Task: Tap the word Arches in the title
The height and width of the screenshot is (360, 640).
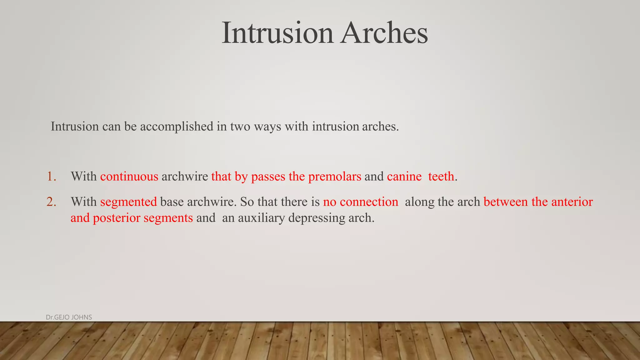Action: point(384,33)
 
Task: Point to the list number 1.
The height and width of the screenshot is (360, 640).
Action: point(52,177)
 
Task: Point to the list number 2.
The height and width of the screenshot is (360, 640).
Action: point(52,202)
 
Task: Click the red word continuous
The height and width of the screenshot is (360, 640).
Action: point(129,177)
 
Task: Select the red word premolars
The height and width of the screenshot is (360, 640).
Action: point(335,177)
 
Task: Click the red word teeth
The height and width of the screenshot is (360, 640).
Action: point(441,177)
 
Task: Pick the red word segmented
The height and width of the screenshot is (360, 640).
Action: point(128,202)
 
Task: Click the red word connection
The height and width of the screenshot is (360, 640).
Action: point(369,202)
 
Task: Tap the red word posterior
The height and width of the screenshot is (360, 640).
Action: point(117,218)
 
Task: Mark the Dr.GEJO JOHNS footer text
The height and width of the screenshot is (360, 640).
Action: point(69,317)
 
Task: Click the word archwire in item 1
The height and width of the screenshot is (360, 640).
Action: point(185,177)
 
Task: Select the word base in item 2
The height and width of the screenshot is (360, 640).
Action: point(172,202)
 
